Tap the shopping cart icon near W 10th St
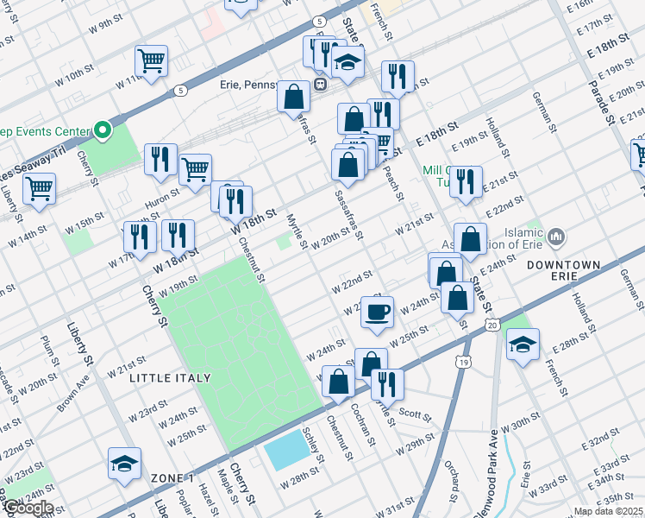tap(151, 61)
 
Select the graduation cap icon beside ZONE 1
tap(124, 464)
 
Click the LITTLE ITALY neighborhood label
tap(163, 378)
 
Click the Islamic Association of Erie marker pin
tap(555, 235)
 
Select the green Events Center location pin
tap(103, 131)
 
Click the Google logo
tap(28, 508)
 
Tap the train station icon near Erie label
tap(319, 85)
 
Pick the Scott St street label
tap(414, 415)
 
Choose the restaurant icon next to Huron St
tap(160, 159)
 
